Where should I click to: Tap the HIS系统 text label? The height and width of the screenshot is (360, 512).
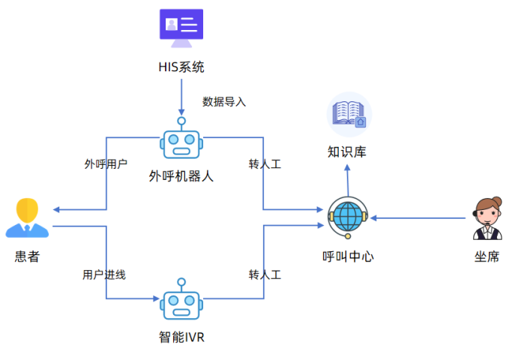[181, 67]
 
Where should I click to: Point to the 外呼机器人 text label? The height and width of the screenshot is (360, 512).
[181, 177]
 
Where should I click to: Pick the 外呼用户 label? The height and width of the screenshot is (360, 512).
[106, 163]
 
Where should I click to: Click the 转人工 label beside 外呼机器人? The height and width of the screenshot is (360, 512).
[265, 163]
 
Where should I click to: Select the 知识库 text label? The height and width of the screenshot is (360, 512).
[347, 151]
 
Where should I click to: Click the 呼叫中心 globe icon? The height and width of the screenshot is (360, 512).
[348, 217]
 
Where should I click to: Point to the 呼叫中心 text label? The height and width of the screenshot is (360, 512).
[348, 256]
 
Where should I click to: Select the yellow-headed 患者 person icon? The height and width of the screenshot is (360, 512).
[27, 217]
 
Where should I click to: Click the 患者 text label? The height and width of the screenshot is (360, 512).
[27, 256]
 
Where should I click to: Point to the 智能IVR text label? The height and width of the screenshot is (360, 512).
[181, 336]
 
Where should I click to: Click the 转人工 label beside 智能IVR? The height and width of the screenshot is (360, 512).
[265, 274]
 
